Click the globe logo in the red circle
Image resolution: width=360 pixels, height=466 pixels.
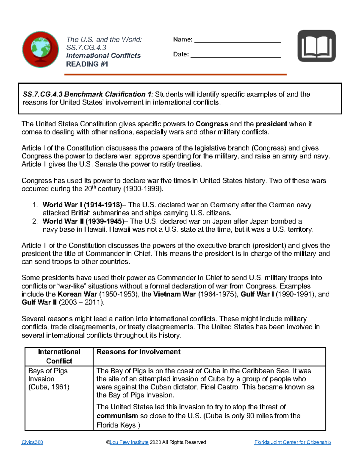40,50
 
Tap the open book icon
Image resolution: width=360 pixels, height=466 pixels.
316,46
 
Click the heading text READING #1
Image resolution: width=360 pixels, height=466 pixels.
87,64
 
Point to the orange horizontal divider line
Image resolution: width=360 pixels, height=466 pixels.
175,74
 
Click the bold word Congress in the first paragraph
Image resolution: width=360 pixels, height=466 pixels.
212,124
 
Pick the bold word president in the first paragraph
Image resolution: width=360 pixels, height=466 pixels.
271,124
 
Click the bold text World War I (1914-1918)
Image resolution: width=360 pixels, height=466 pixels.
82,205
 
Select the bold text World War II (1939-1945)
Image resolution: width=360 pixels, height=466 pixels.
83,221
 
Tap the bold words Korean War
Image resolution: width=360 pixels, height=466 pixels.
77,294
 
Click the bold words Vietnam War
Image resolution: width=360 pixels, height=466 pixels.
174,294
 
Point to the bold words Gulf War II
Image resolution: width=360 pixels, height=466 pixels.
39,302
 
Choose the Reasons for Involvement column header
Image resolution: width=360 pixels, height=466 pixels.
138,352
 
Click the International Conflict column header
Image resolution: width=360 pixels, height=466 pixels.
59,356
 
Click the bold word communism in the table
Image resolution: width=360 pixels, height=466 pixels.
117,416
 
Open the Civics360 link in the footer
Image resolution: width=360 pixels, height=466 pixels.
32,442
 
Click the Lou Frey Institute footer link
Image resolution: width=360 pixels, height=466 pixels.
129,442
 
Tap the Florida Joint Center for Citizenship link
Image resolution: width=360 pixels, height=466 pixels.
292,442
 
